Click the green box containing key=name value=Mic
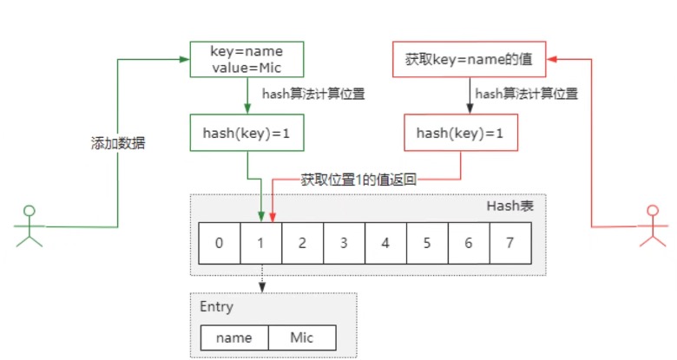click(x=246, y=59)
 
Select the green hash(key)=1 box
click(x=246, y=134)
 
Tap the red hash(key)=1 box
click(x=460, y=133)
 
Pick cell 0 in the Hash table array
click(x=219, y=243)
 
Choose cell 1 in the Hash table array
click(x=260, y=243)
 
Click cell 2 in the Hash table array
click(x=302, y=243)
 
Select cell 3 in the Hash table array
click(x=344, y=243)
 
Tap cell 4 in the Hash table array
click(x=385, y=243)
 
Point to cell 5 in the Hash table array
click(x=427, y=243)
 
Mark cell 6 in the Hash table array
click(x=469, y=243)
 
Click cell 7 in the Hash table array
click(x=509, y=243)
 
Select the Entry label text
click(x=216, y=307)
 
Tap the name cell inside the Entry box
click(x=233, y=337)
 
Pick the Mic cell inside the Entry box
click(x=301, y=337)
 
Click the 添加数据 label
click(x=118, y=143)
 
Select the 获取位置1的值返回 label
click(x=359, y=180)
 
